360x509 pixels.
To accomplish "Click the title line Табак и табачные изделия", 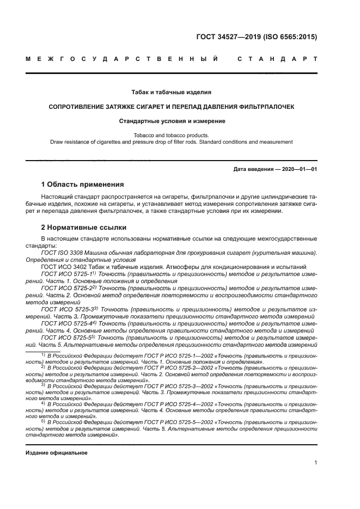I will (x=172, y=92).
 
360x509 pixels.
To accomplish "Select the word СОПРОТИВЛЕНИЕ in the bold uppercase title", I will (x=79, y=107).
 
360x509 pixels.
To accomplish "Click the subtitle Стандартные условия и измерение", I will (x=172, y=121).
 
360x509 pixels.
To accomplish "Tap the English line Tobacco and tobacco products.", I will (x=172, y=134).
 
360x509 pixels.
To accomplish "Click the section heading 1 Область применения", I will (x=82, y=185).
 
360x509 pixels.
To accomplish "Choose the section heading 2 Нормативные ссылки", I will (x=84, y=227).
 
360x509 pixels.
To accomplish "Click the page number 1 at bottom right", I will (x=315, y=463).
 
